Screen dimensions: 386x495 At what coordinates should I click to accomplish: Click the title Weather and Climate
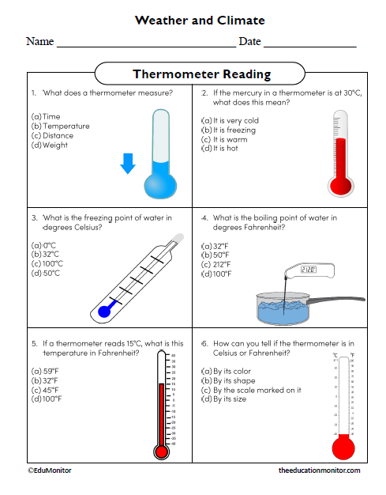point(200,20)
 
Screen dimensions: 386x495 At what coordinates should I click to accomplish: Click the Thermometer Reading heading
point(201,74)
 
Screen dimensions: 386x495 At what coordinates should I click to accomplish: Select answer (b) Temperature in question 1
point(62,126)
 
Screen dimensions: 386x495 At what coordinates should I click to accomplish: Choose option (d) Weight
point(51,145)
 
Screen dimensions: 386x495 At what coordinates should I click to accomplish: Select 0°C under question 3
point(45,245)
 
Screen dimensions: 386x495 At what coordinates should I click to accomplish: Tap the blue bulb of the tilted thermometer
point(103,312)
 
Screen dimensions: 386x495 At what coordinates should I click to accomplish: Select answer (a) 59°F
point(45,371)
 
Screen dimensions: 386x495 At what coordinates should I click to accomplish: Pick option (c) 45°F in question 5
point(45,390)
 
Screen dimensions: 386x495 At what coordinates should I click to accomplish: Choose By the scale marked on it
point(252,390)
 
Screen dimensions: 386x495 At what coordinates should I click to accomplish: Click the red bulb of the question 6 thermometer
point(343,448)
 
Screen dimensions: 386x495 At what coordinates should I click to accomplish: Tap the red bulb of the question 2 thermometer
point(340,186)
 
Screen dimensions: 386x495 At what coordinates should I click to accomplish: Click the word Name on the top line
point(39,41)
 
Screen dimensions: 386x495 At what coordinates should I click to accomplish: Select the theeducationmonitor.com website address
point(320,470)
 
